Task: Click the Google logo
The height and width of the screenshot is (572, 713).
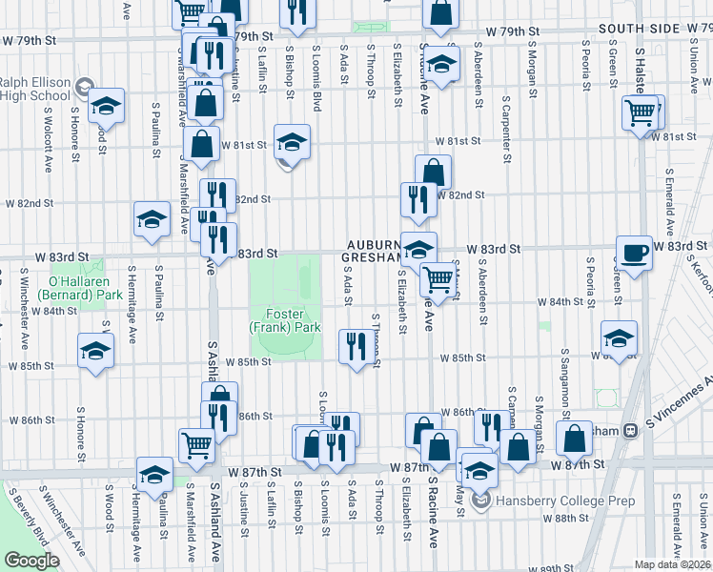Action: click(31, 561)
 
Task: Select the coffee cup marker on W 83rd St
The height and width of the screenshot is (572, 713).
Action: click(635, 254)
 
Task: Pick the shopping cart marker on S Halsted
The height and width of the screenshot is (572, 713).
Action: click(642, 113)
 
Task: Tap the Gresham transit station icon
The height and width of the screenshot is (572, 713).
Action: click(630, 431)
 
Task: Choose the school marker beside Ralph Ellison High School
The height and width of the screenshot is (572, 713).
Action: click(106, 107)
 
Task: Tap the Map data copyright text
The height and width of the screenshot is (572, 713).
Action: click(673, 564)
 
